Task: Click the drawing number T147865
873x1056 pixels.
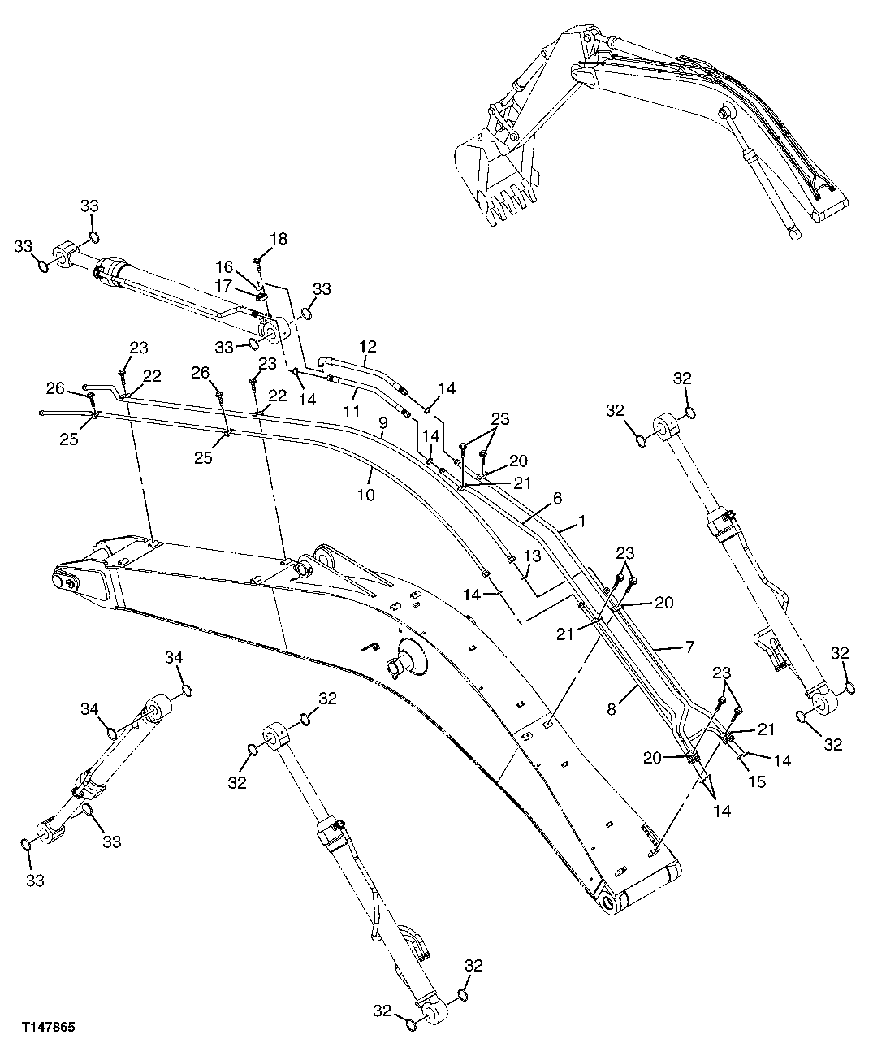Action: coord(49,1028)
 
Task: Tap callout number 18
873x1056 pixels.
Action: coord(279,239)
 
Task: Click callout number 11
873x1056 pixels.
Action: coord(351,411)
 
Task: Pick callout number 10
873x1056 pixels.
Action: coord(365,493)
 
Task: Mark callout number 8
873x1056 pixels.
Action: coord(634,709)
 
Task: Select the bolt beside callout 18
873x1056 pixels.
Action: coord(257,262)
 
